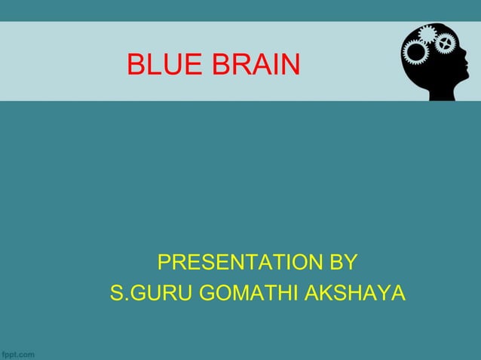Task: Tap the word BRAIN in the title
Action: point(256,66)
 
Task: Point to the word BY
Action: point(343,263)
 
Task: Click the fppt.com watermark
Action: point(18,353)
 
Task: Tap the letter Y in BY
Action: point(350,263)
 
